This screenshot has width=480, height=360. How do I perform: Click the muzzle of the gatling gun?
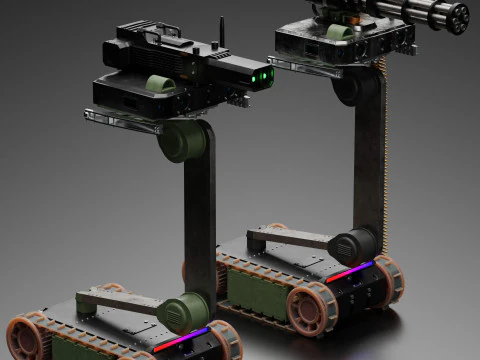click(459, 17)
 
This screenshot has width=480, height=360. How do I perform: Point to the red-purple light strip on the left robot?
click(181, 340)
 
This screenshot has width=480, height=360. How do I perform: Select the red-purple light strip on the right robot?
click(349, 271)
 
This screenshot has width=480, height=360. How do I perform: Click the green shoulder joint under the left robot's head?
click(183, 140)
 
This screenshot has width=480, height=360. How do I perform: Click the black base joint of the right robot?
click(353, 246)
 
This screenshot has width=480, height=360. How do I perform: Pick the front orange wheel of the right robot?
click(312, 307)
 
